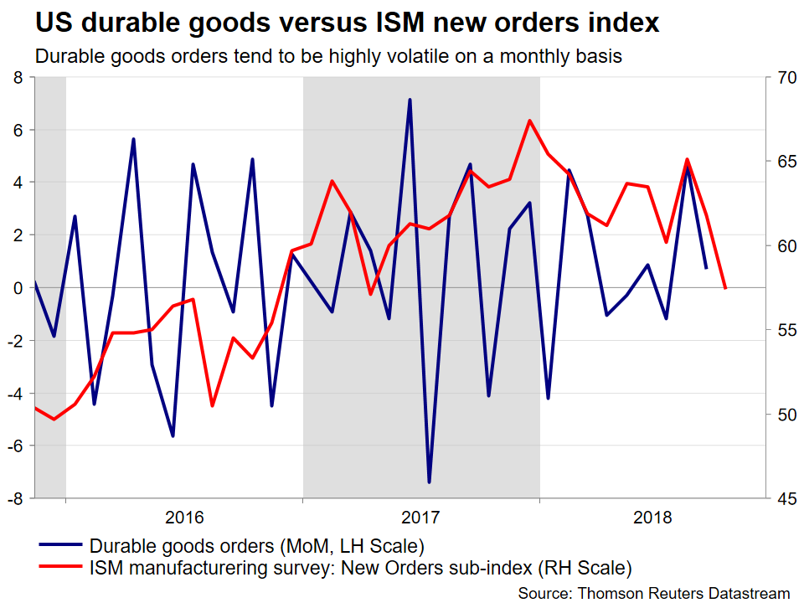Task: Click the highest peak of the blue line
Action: (x=410, y=100)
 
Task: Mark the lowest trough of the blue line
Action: (x=429, y=482)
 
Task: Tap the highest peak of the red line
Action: (x=529, y=121)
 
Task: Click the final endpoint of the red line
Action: (x=724, y=288)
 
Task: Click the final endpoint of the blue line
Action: (x=706, y=268)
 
